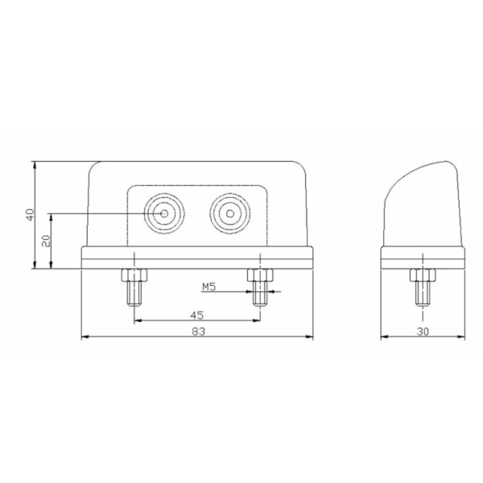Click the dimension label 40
[31, 215]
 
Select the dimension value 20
[46, 241]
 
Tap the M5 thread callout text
[208, 287]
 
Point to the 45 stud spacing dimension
[197, 315]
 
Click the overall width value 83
[198, 332]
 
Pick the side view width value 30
[423, 332]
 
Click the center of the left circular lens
[164, 213]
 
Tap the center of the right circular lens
[229, 213]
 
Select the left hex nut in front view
[134, 275]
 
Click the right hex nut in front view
[260, 275]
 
